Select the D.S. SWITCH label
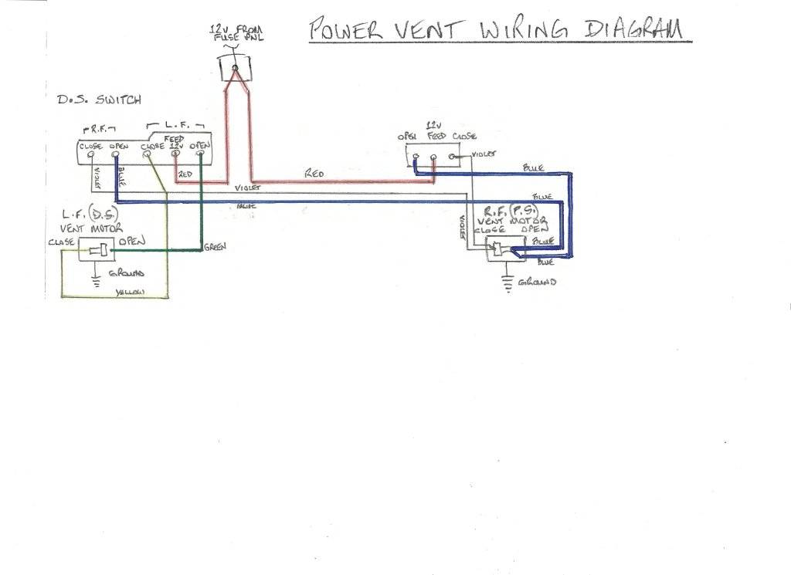(x=99, y=100)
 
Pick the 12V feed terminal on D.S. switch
(x=175, y=154)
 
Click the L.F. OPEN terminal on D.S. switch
(x=200, y=154)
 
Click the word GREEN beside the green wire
(x=214, y=247)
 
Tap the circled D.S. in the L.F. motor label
(x=99, y=212)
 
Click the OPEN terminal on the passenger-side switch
(x=416, y=157)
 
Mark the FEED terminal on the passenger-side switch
(x=433, y=157)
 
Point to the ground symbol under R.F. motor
(x=508, y=284)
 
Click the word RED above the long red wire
(x=314, y=175)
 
